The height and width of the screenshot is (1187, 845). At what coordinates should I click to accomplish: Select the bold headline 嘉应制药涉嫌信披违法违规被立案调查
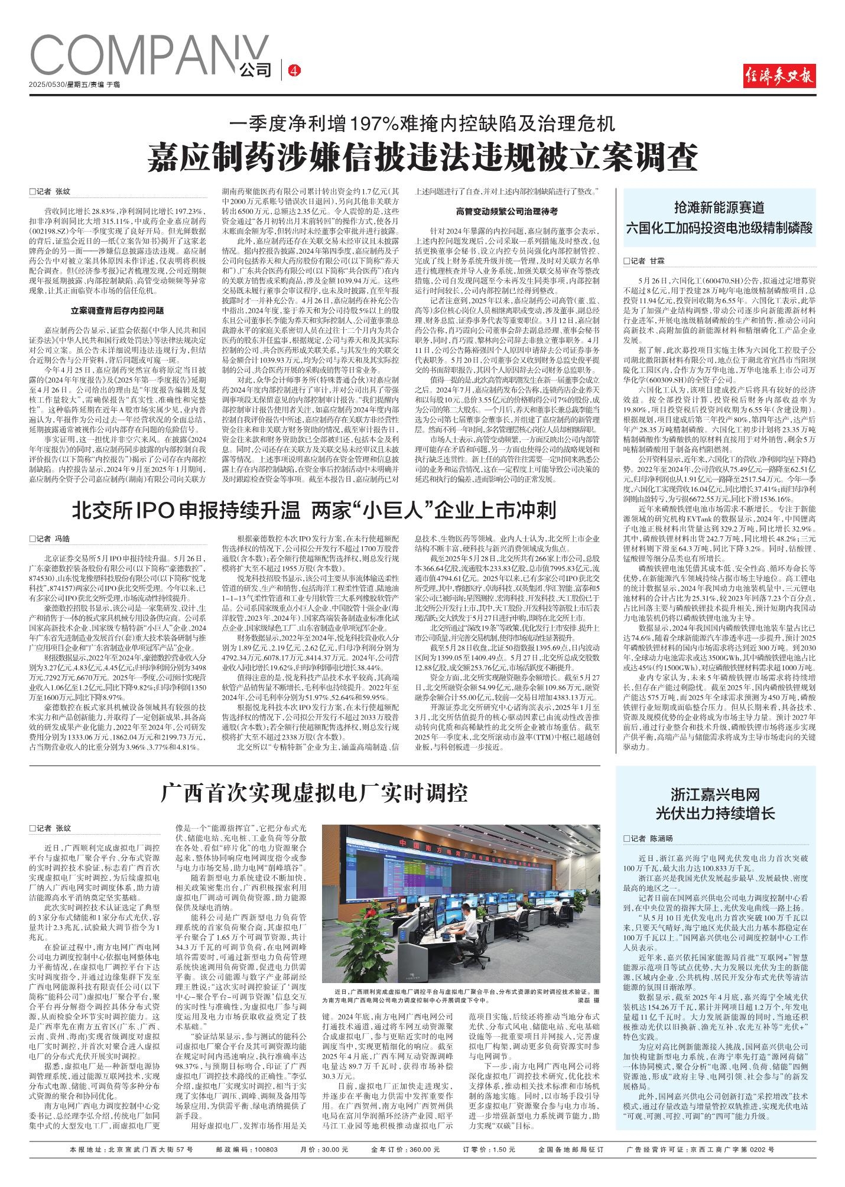point(422,157)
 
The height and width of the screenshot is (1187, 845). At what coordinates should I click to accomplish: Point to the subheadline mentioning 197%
point(422,124)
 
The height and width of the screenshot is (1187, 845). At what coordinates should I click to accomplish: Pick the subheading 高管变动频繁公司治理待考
point(507,210)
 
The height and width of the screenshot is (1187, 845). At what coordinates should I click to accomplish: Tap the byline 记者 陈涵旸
point(648,838)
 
